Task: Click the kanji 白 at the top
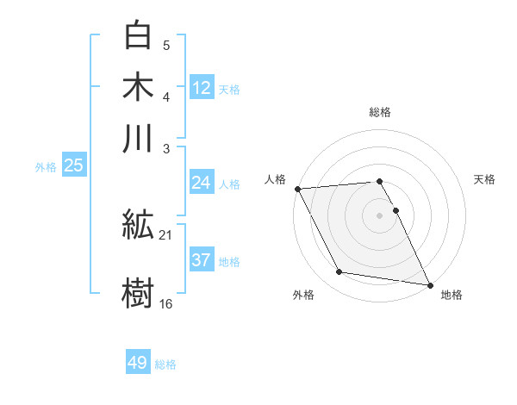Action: (138, 35)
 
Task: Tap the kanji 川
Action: (138, 138)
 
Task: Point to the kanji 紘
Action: (138, 227)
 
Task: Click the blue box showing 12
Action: (202, 88)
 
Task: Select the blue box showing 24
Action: (201, 183)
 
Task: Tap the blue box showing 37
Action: (201, 260)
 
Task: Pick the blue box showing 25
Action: (73, 165)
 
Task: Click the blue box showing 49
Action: (138, 364)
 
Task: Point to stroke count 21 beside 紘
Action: (166, 235)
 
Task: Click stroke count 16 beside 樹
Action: (166, 303)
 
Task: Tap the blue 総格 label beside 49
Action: (165, 364)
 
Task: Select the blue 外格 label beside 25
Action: (46, 166)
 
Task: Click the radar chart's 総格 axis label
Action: (380, 112)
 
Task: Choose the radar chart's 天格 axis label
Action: (485, 179)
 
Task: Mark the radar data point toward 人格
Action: (297, 189)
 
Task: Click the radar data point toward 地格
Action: (429, 283)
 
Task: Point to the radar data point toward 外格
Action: (339, 272)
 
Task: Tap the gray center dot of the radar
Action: (380, 215)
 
